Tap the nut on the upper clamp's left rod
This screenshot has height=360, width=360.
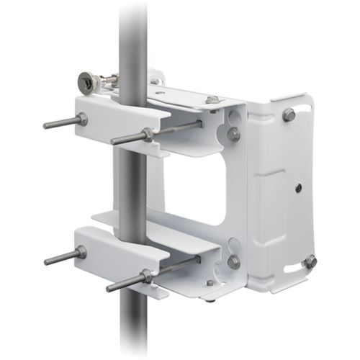click(82, 120)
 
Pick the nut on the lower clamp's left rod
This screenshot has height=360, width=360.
click(81, 252)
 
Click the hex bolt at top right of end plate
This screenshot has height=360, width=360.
click(289, 114)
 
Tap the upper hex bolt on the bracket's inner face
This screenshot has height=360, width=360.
click(234, 133)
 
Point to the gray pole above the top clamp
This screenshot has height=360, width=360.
click(133, 36)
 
